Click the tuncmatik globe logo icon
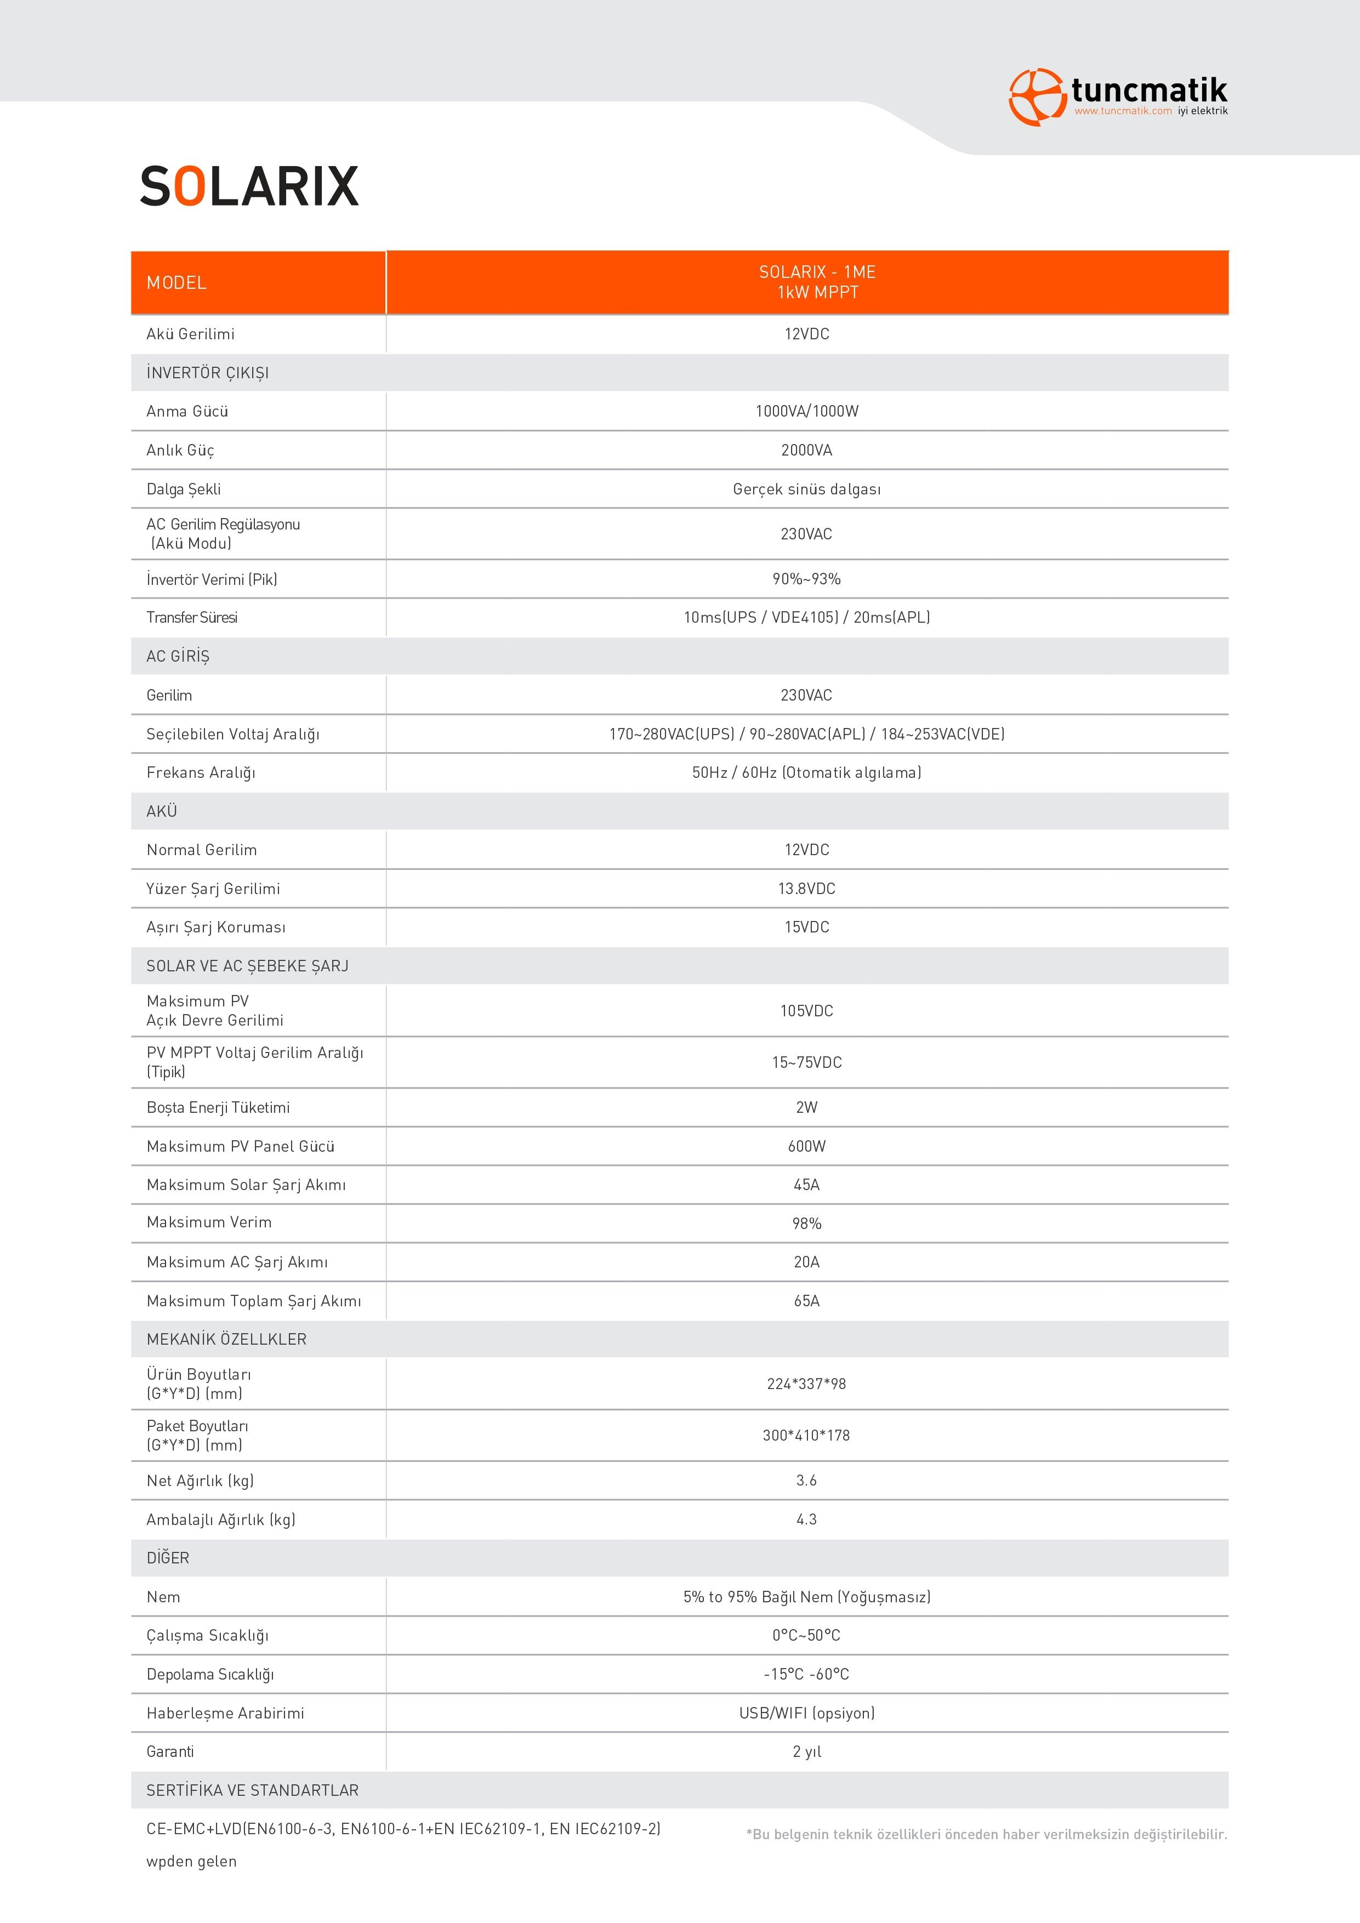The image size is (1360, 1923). pyautogui.click(x=1036, y=97)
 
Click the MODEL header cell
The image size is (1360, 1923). pyautogui.click(x=177, y=283)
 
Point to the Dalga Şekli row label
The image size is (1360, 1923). pyautogui.click(x=184, y=489)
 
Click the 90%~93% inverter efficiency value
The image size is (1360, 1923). pyautogui.click(x=806, y=579)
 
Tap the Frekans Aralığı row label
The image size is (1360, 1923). pyautogui.click(x=201, y=773)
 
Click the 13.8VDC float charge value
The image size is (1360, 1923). pyautogui.click(x=806, y=889)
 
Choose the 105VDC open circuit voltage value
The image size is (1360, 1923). pyautogui.click(x=806, y=1011)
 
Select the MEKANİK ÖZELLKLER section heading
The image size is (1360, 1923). pyautogui.click(x=226, y=1339)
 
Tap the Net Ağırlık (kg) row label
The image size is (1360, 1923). pyautogui.click(x=200, y=1481)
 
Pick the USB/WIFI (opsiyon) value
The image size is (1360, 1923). pyautogui.click(x=806, y=1713)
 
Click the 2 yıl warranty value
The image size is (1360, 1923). pyautogui.click(x=806, y=1751)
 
